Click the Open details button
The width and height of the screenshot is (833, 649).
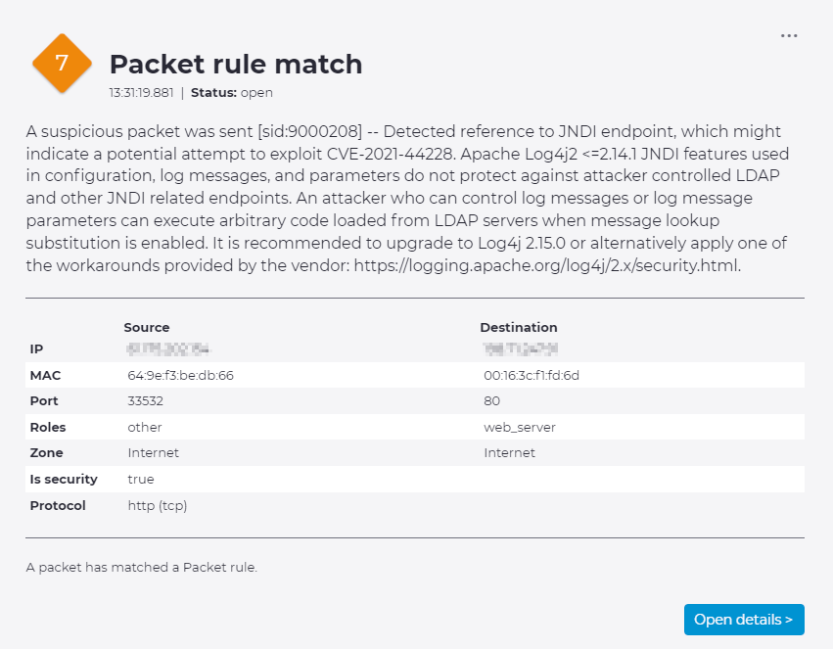point(744,620)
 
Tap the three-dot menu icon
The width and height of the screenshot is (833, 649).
point(789,36)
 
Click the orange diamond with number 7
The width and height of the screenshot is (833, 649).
point(62,64)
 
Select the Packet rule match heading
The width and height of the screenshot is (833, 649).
point(236,65)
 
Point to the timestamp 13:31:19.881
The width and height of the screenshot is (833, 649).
point(141,93)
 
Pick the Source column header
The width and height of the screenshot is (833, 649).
point(147,327)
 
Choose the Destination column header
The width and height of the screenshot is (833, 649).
point(519,327)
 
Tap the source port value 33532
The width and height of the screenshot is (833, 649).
point(146,401)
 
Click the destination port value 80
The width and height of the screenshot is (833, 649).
point(491,401)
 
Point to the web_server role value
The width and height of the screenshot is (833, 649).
point(520,427)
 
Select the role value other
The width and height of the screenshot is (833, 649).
point(145,427)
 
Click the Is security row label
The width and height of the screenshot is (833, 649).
point(64,479)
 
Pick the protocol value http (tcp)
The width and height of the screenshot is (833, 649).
point(158,505)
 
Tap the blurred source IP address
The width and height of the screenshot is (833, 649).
point(168,348)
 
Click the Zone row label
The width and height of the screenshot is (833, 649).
point(46,453)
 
